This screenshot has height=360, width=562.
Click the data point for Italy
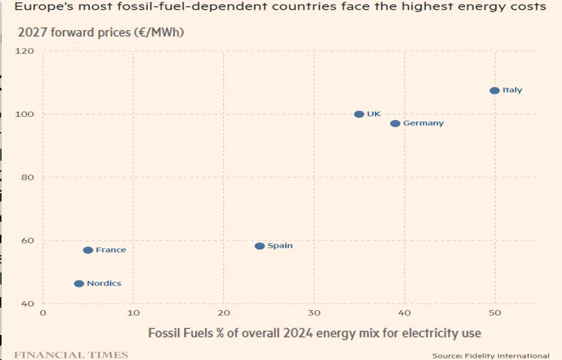pyautogui.click(x=494, y=91)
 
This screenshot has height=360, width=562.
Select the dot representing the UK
pyautogui.click(x=359, y=115)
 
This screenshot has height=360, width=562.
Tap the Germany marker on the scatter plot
pyautogui.click(x=395, y=124)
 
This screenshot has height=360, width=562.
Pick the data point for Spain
pyautogui.click(x=260, y=246)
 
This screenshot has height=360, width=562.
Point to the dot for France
pyautogui.click(x=88, y=251)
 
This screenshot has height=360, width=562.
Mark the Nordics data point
pyautogui.click(x=79, y=284)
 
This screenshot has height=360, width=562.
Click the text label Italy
pyautogui.click(x=512, y=91)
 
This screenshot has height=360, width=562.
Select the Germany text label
pyautogui.click(x=423, y=124)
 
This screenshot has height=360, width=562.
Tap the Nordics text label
pyautogui.click(x=104, y=284)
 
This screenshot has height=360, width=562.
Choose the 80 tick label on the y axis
pyautogui.click(x=27, y=178)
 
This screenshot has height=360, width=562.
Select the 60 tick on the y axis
pyautogui.click(x=27, y=241)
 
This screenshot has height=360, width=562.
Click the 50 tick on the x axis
pyautogui.click(x=494, y=312)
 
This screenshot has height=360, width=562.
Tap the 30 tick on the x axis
pyautogui.click(x=314, y=312)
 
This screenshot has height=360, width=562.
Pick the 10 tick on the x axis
pyautogui.click(x=134, y=312)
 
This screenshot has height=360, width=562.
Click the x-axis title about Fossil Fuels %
pyautogui.click(x=315, y=333)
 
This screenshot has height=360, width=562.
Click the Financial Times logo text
pyautogui.click(x=71, y=355)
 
